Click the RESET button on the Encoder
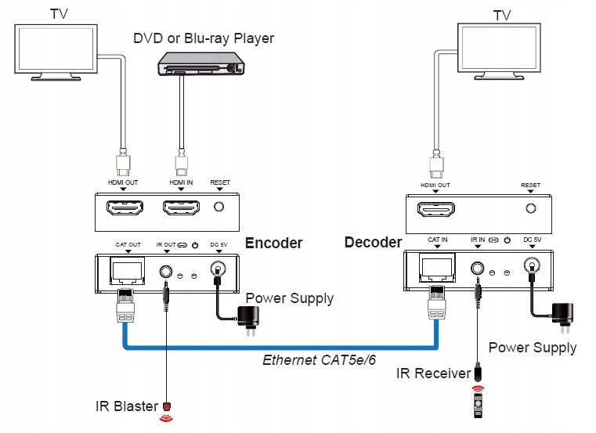coord(220,208)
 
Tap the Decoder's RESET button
coord(530,209)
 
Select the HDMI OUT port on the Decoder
coord(435,209)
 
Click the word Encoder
coord(273,244)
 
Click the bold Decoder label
coord(373,243)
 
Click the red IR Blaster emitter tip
coord(166,406)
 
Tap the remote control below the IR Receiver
coord(478,407)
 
